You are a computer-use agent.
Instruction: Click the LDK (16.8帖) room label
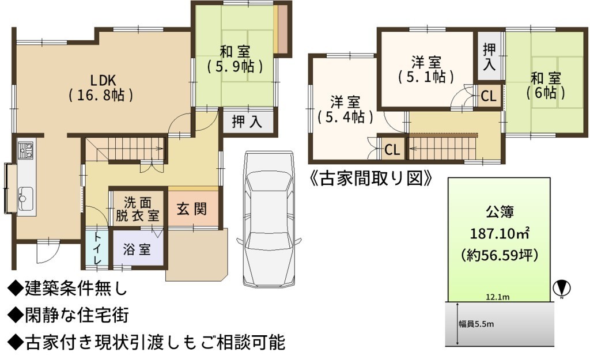point(101,88)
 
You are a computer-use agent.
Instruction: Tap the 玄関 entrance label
point(192,209)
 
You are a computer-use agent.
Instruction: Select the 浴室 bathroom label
point(137,249)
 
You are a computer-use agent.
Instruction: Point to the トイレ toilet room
point(97,248)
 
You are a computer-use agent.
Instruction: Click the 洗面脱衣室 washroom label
point(137,209)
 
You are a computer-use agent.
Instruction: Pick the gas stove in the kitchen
point(26,150)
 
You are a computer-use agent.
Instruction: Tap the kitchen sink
point(25,199)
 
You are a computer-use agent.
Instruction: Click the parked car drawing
point(269,219)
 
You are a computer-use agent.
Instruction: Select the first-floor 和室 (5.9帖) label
point(235,59)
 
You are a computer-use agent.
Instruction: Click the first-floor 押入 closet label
point(247,122)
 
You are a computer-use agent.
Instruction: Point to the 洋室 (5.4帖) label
point(345,109)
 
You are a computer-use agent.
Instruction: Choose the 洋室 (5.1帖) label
point(426,70)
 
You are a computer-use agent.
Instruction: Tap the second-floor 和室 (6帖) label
point(546,86)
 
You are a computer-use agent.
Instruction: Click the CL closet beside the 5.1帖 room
point(489,96)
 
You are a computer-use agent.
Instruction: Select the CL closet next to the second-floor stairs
point(392,150)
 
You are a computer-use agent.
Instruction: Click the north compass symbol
point(562,289)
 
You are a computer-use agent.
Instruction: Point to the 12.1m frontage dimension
point(497,297)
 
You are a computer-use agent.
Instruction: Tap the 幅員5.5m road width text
point(476,324)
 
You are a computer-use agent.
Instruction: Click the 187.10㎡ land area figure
point(500,234)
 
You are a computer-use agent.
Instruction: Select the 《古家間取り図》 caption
point(370,179)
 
